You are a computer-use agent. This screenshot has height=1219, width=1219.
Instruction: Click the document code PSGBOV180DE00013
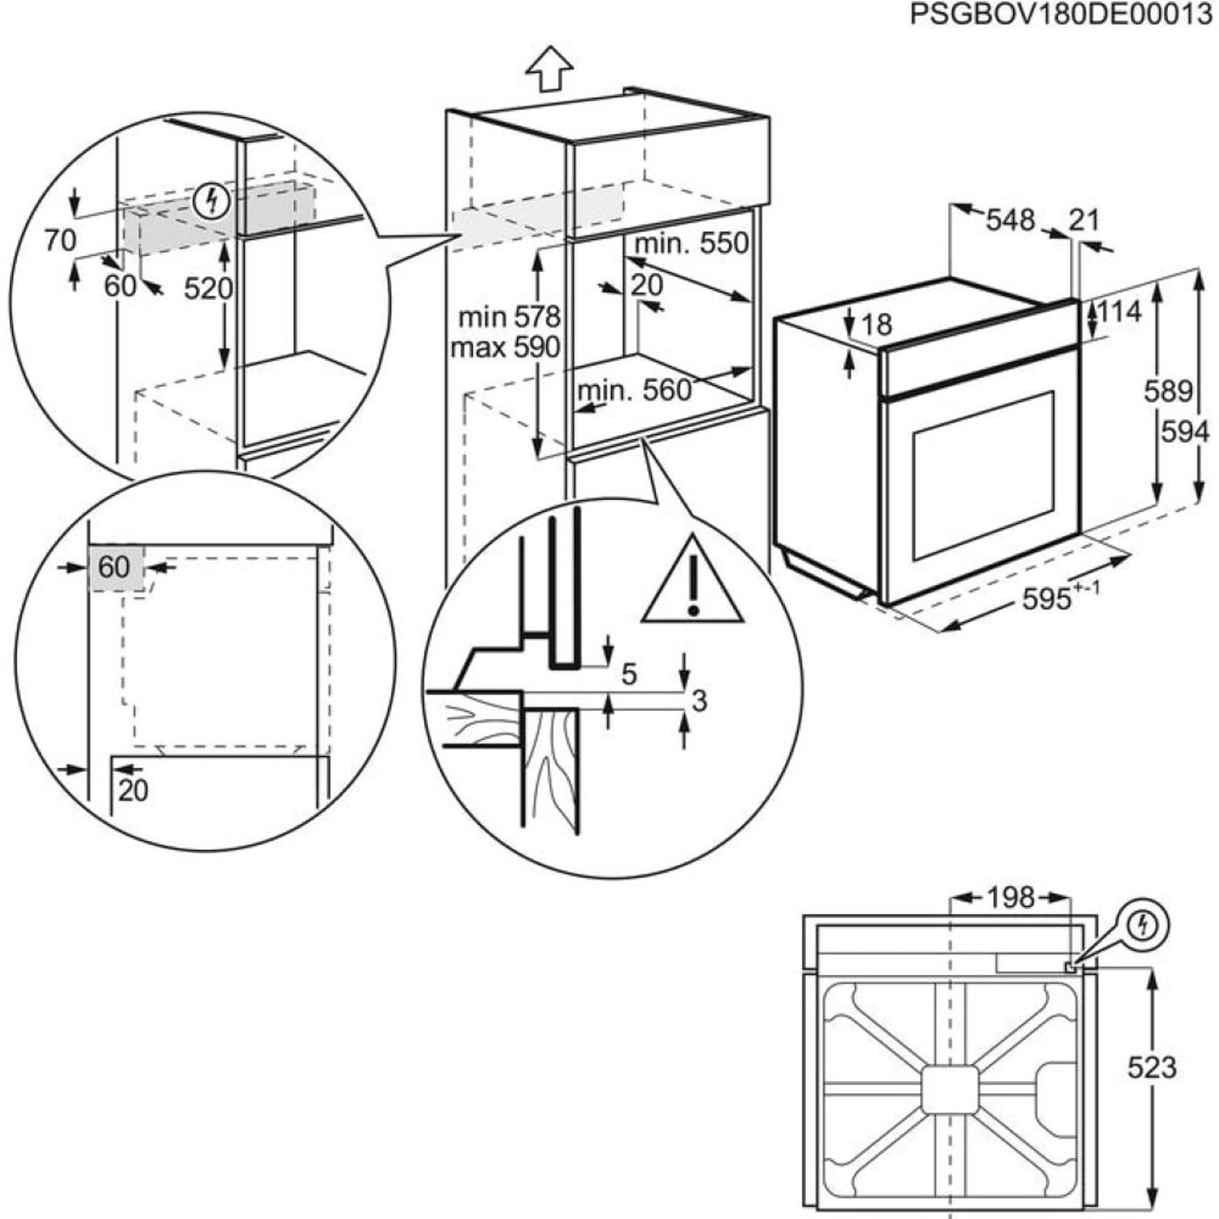[1061, 15]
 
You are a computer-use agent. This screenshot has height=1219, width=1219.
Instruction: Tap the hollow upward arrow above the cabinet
[549, 68]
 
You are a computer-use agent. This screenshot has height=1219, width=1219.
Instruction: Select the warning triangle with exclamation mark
[692, 582]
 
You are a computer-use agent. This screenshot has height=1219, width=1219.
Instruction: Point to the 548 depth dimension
[1010, 220]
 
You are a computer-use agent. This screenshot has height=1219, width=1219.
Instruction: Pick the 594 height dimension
[1184, 432]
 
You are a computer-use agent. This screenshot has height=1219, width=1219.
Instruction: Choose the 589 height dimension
[1168, 392]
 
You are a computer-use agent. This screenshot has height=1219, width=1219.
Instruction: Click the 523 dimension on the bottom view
[1152, 1066]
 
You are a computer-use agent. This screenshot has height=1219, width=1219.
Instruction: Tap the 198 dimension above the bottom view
[1011, 897]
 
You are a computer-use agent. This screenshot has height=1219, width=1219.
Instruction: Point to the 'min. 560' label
[634, 391]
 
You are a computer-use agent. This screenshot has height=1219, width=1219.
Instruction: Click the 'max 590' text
[505, 348]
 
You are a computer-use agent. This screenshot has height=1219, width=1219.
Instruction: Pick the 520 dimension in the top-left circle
[207, 288]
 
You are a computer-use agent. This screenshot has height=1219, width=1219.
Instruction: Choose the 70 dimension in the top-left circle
[60, 241]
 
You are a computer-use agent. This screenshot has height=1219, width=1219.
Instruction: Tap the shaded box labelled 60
[115, 567]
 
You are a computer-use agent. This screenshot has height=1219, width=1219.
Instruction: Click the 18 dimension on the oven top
[876, 324]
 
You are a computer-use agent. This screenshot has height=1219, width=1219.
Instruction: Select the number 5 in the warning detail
[629, 674]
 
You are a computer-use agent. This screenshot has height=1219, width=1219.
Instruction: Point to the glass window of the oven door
[983, 475]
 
